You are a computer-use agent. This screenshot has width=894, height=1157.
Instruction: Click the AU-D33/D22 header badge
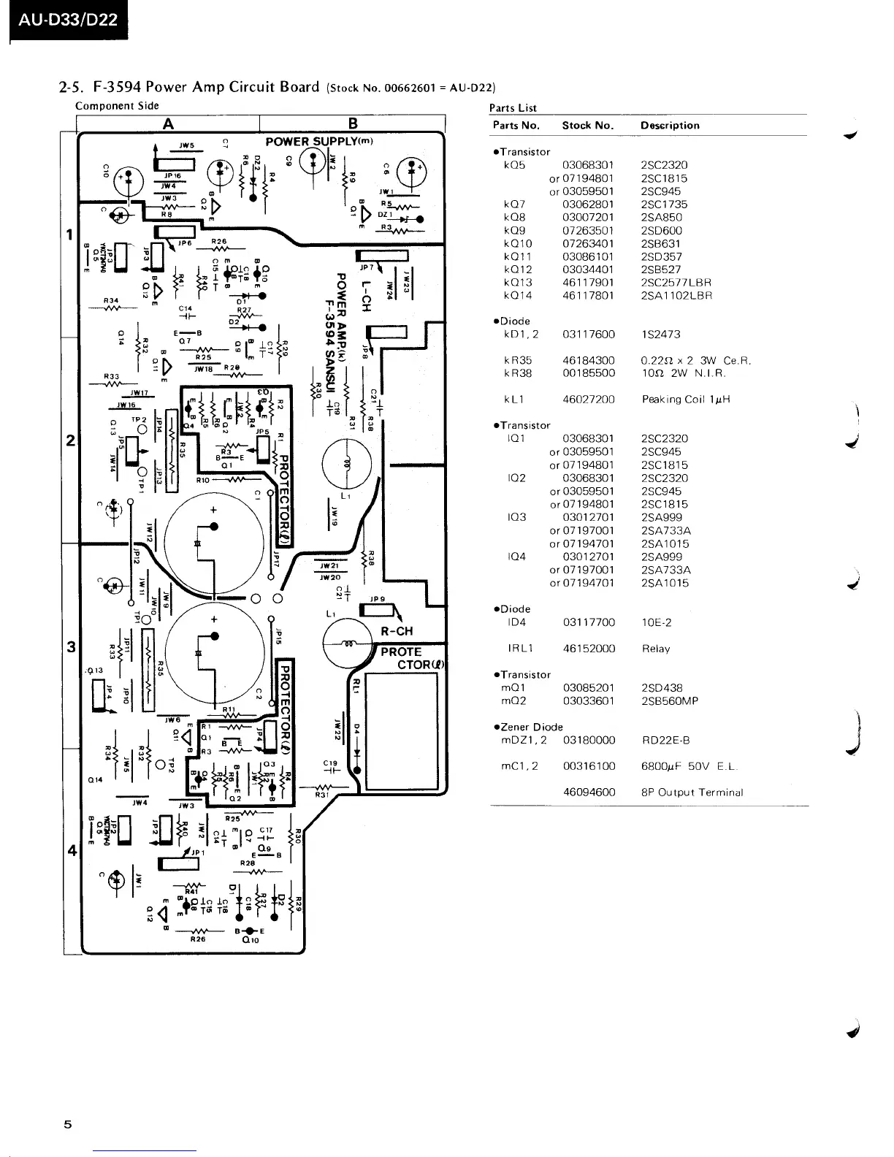[68, 20]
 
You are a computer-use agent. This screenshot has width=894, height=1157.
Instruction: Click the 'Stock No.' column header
[587, 125]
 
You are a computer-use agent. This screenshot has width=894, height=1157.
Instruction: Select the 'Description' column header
[670, 125]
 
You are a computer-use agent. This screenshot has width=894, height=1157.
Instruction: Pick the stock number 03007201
[588, 218]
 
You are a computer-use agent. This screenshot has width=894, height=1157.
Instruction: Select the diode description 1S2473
[660, 335]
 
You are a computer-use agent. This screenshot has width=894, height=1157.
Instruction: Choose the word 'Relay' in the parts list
[655, 649]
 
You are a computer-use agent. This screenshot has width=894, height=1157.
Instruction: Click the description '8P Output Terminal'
[692, 793]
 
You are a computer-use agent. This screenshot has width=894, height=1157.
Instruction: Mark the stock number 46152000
[589, 649]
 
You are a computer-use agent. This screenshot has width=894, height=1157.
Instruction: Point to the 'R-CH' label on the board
[397, 631]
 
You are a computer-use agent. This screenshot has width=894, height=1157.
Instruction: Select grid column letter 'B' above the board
[353, 124]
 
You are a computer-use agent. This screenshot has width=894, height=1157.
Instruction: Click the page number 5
[68, 1124]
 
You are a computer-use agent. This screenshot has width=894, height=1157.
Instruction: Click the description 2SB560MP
[669, 701]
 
